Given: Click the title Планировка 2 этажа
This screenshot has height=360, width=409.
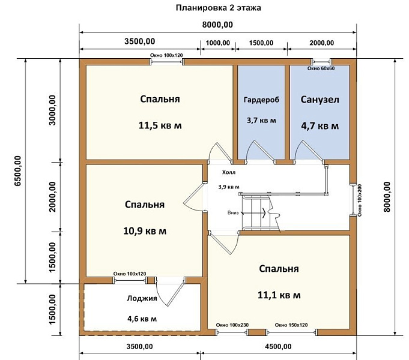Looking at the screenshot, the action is [219, 8].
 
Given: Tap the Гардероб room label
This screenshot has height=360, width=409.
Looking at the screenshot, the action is [261, 100].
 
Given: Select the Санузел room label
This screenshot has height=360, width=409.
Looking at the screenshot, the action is [320, 100].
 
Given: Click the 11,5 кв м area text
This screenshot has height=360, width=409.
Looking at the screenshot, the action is [160, 125].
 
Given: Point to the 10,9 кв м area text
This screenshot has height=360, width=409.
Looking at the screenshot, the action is [145, 231].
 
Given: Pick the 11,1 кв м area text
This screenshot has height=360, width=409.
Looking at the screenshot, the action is [279, 295].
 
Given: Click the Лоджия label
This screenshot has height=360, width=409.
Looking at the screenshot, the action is [142, 298].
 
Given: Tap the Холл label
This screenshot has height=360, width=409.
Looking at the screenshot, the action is [228, 172].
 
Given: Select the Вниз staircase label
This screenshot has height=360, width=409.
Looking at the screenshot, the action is [233, 212].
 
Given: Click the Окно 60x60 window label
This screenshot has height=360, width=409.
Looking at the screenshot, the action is [321, 68].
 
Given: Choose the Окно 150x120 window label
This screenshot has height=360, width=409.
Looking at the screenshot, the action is [291, 325].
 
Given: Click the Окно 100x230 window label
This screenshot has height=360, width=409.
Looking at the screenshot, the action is [232, 325].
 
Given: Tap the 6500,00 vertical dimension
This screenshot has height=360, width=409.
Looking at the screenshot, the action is [17, 171].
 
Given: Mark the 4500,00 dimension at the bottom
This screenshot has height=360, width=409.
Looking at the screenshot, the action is [278, 346].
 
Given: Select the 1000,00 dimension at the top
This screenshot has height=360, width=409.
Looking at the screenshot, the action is [218, 43].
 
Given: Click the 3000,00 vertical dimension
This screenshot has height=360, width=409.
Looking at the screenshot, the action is [52, 110].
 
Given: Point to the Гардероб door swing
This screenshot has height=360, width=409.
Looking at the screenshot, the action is [260, 151].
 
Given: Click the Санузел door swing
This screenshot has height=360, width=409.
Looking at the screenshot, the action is [309, 151].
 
